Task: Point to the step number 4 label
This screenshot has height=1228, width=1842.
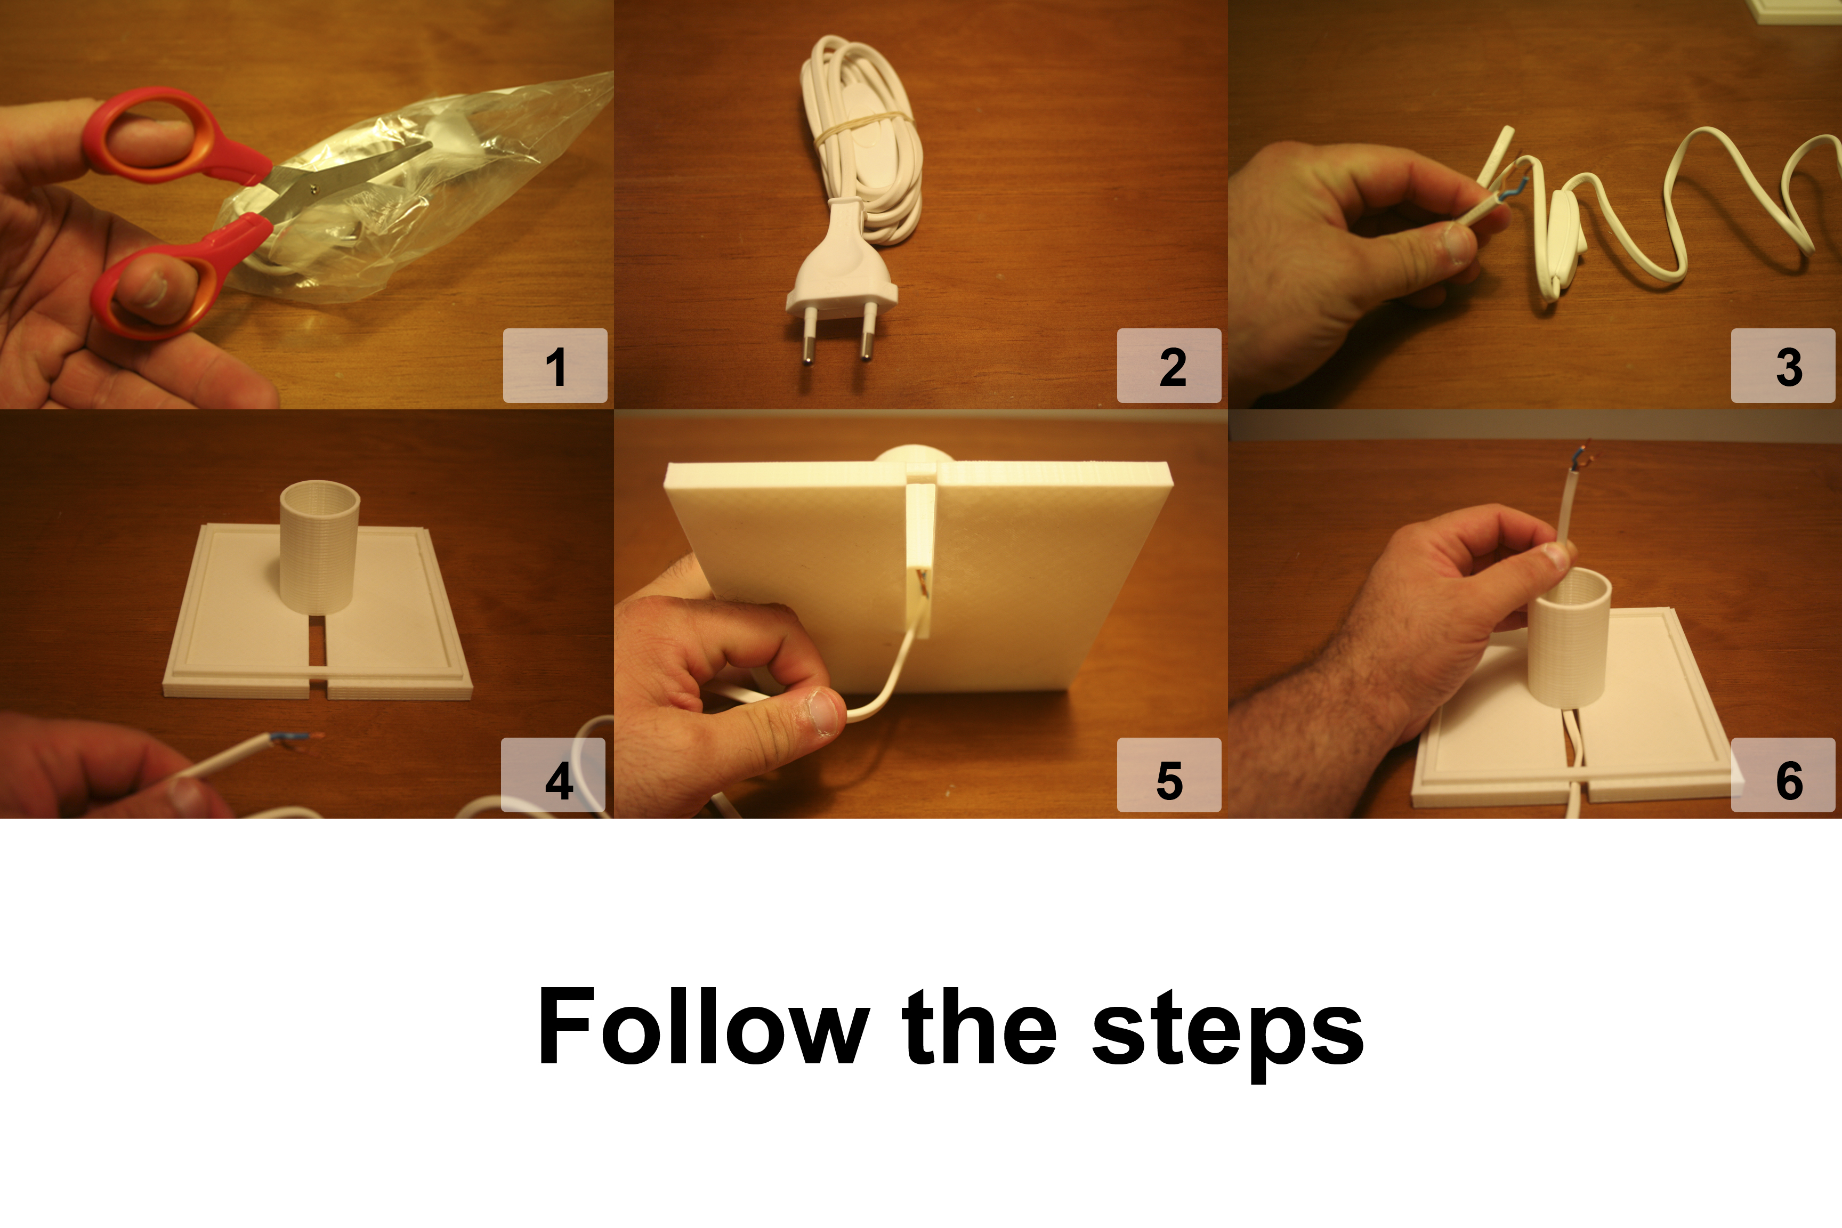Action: (559, 780)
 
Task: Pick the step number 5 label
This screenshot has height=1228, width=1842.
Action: (1169, 780)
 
